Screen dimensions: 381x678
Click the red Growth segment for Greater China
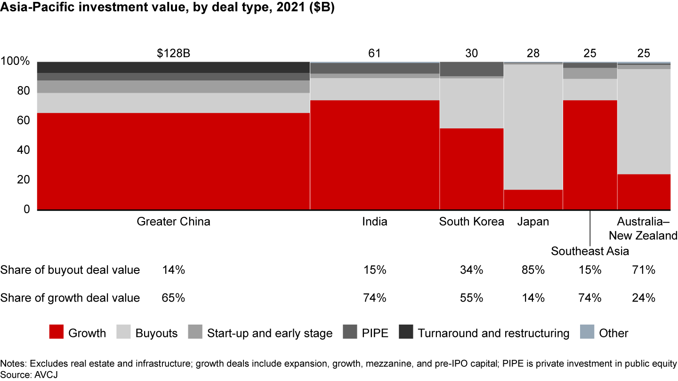(x=173, y=161)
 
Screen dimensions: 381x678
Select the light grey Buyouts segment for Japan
(x=533, y=127)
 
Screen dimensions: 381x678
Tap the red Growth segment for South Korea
(x=471, y=169)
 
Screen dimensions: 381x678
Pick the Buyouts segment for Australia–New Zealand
(x=644, y=122)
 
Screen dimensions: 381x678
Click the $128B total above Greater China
(x=174, y=53)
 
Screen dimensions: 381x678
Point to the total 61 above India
(x=374, y=53)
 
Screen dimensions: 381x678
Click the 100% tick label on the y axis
(x=16, y=61)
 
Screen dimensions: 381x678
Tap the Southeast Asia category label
(x=590, y=251)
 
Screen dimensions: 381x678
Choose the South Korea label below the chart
(x=471, y=222)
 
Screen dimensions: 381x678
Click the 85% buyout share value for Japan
(x=533, y=270)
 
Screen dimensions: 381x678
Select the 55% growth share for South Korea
(x=471, y=298)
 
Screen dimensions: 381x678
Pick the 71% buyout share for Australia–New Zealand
(x=644, y=270)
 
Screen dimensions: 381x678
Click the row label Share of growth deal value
(x=70, y=298)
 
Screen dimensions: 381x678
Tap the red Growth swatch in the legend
(x=56, y=333)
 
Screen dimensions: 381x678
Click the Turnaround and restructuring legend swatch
(x=405, y=333)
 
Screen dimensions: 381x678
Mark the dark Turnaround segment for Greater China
(x=173, y=67)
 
